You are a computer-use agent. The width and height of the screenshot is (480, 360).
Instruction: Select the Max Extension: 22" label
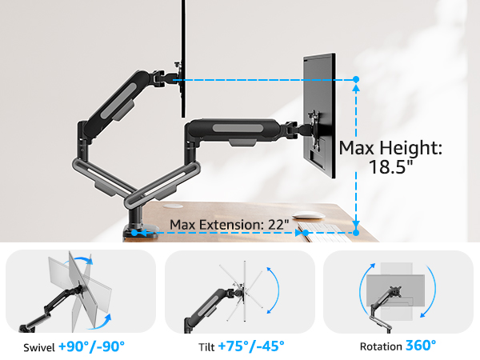(x=230, y=225)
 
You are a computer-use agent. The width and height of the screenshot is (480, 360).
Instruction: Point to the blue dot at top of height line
(x=356, y=80)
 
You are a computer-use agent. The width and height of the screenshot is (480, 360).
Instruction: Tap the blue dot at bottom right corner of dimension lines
(x=356, y=233)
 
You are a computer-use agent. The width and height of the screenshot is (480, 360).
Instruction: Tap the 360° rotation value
(x=421, y=346)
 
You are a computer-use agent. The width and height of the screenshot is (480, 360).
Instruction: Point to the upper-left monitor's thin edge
(x=185, y=40)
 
